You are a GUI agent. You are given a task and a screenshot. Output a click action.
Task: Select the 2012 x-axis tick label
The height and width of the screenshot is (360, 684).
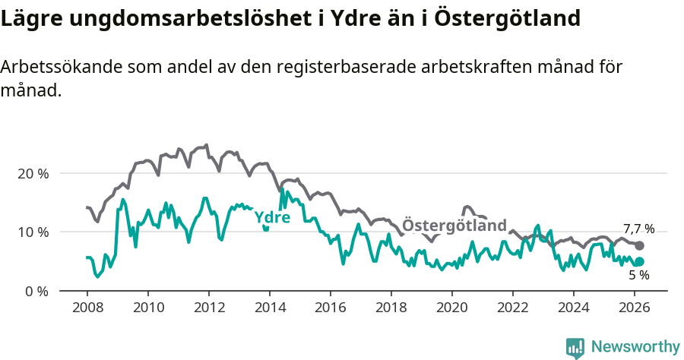(x=208, y=308)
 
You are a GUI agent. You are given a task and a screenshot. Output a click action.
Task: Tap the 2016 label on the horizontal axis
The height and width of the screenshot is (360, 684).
(x=330, y=308)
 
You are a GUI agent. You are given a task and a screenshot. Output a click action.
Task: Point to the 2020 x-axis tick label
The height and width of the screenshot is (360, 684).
(x=451, y=308)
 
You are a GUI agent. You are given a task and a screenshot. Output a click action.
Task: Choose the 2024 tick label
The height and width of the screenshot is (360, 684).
(x=573, y=308)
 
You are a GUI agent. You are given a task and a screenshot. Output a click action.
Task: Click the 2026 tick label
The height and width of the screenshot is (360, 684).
(x=634, y=308)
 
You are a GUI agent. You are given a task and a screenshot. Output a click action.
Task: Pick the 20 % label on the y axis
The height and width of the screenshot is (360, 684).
(x=32, y=173)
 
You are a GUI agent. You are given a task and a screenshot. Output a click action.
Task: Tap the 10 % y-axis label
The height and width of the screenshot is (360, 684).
(x=32, y=232)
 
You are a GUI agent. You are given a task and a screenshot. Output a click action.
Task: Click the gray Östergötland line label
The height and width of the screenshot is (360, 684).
(x=454, y=226)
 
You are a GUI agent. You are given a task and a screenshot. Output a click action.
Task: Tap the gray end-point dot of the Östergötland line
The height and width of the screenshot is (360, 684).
(x=639, y=245)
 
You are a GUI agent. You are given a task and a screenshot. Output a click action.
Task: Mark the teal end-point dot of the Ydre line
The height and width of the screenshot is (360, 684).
(x=639, y=261)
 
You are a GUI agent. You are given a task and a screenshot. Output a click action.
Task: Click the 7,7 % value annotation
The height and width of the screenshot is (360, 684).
(x=638, y=229)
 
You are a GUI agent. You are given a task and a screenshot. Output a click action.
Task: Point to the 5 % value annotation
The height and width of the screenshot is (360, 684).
(x=638, y=276)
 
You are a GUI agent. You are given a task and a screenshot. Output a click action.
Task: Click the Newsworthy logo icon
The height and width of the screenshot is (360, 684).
(x=575, y=347)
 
